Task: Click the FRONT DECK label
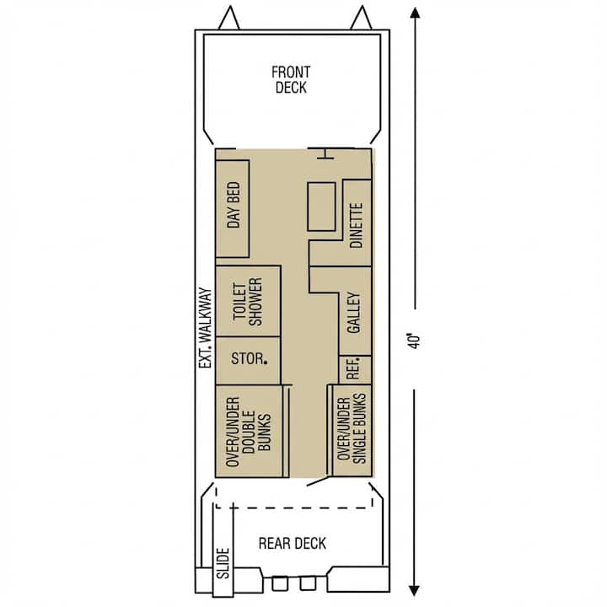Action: [291, 80]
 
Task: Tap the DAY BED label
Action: [234, 205]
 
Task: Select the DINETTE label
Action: [356, 225]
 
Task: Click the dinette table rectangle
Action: [321, 207]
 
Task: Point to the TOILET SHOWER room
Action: [248, 301]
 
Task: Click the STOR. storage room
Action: [248, 361]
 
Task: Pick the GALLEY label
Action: [353, 313]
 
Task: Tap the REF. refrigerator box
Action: [355, 370]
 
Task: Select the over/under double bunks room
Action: [249, 432]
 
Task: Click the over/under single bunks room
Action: [352, 430]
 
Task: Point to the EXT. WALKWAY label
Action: [206, 328]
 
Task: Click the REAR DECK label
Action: [293, 543]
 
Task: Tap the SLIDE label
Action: [223, 563]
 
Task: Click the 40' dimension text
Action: [414, 341]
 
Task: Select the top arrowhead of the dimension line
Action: [415, 13]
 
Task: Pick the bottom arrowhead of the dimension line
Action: [415, 590]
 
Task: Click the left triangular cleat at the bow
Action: [229, 18]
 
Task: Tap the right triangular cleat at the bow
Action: [361, 18]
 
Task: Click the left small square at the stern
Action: [280, 583]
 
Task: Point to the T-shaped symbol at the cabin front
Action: [325, 153]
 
